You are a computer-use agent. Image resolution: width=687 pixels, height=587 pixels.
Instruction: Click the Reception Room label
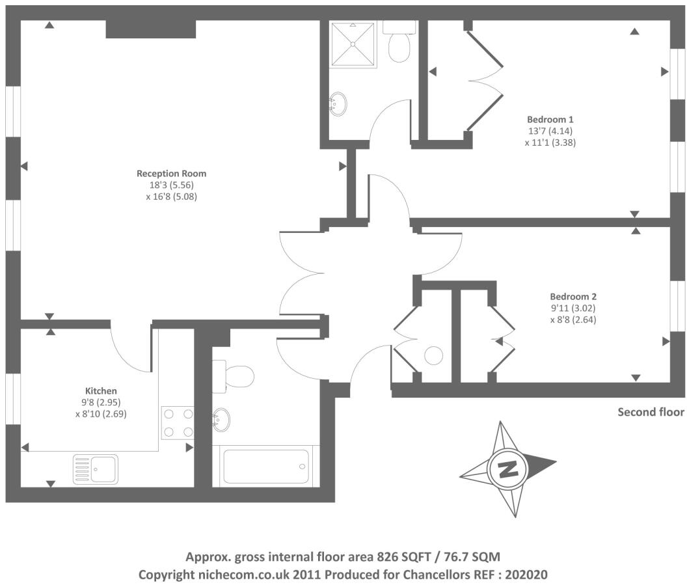point(171,173)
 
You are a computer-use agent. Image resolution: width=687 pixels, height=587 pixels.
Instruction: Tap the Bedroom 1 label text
point(550,120)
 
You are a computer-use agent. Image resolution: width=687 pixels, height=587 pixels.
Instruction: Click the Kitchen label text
point(101,390)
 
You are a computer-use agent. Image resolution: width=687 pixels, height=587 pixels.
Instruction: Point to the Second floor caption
point(651,412)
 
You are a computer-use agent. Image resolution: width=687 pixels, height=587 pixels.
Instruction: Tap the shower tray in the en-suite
point(353,44)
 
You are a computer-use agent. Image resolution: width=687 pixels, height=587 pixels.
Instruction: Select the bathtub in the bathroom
point(265,467)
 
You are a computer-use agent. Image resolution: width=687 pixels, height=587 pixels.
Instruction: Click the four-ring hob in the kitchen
point(178,422)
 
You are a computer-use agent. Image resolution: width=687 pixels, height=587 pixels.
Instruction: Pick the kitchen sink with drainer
point(96,468)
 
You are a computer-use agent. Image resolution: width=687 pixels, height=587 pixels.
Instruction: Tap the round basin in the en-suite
point(338,103)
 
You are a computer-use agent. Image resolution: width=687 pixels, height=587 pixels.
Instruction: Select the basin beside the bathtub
point(221,420)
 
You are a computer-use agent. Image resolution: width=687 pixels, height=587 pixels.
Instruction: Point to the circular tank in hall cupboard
point(433,355)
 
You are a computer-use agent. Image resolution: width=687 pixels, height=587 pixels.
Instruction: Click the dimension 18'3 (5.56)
point(171,184)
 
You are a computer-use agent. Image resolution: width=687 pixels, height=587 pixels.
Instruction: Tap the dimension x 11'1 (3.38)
point(550,143)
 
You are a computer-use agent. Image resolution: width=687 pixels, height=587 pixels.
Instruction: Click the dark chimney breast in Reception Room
point(150,29)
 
